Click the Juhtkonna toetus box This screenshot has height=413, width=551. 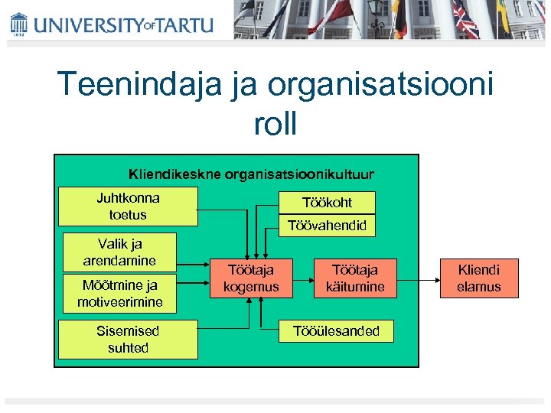tap(129, 206)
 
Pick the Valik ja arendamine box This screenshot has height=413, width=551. tap(119, 252)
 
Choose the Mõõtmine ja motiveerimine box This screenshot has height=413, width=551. tap(119, 293)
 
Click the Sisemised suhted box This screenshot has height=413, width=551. tap(128, 339)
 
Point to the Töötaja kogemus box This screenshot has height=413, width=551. tap(251, 278)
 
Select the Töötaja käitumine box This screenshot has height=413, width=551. tap(354, 278)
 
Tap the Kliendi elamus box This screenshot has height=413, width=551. tap(479, 278)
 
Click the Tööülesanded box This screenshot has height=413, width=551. tap(337, 330)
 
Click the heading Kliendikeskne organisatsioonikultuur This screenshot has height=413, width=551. tap(252, 174)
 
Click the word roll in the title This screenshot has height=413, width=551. tap(275, 125)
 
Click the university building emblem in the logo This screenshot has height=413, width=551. tap(19, 24)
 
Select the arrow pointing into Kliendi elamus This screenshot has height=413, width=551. tap(418, 278)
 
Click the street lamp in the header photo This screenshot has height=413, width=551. tap(376, 11)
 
